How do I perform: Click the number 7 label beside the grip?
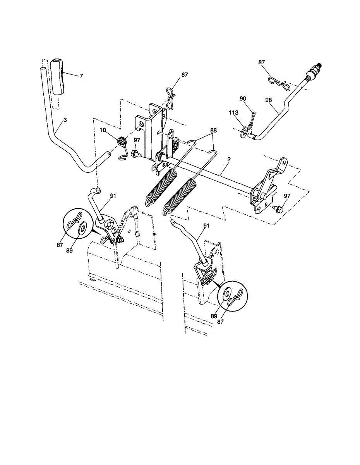pyautogui.click(x=81, y=76)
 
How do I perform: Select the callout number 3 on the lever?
pyautogui.click(x=65, y=121)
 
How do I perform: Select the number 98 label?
pyautogui.click(x=269, y=100)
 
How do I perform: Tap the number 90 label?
pyautogui.click(x=243, y=99)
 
